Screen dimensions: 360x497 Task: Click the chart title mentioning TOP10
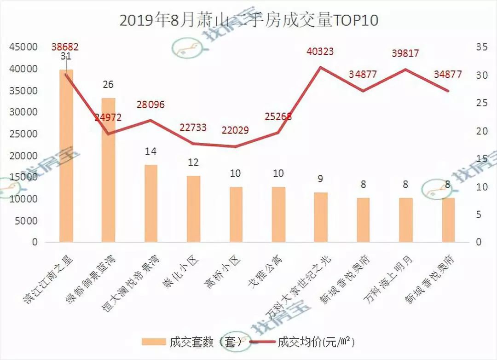[248, 21]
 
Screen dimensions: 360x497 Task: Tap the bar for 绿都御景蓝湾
[108, 170]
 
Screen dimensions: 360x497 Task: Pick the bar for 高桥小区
[236, 214]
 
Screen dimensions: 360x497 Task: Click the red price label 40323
[320, 52]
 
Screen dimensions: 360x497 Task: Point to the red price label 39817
[405, 53]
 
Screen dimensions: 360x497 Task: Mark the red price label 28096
[151, 105]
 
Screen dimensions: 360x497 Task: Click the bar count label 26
[108, 85]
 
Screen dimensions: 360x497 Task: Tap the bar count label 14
[151, 151]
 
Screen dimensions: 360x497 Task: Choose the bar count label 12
[193, 163]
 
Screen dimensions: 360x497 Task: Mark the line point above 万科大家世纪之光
[320, 67]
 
